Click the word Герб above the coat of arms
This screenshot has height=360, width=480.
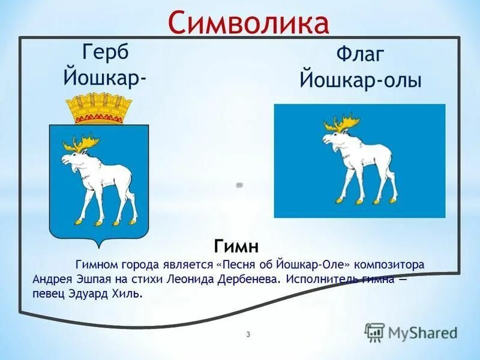coord(107,52)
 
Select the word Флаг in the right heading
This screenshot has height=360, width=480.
coord(360,56)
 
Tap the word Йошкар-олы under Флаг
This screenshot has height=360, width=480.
coord(360,80)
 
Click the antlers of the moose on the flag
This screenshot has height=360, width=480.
coord(343,124)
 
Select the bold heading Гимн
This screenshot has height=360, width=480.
coord(236,246)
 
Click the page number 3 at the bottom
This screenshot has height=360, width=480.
coord(248,334)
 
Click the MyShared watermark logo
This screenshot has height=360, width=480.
coord(411,332)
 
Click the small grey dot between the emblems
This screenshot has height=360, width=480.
coord(239,185)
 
